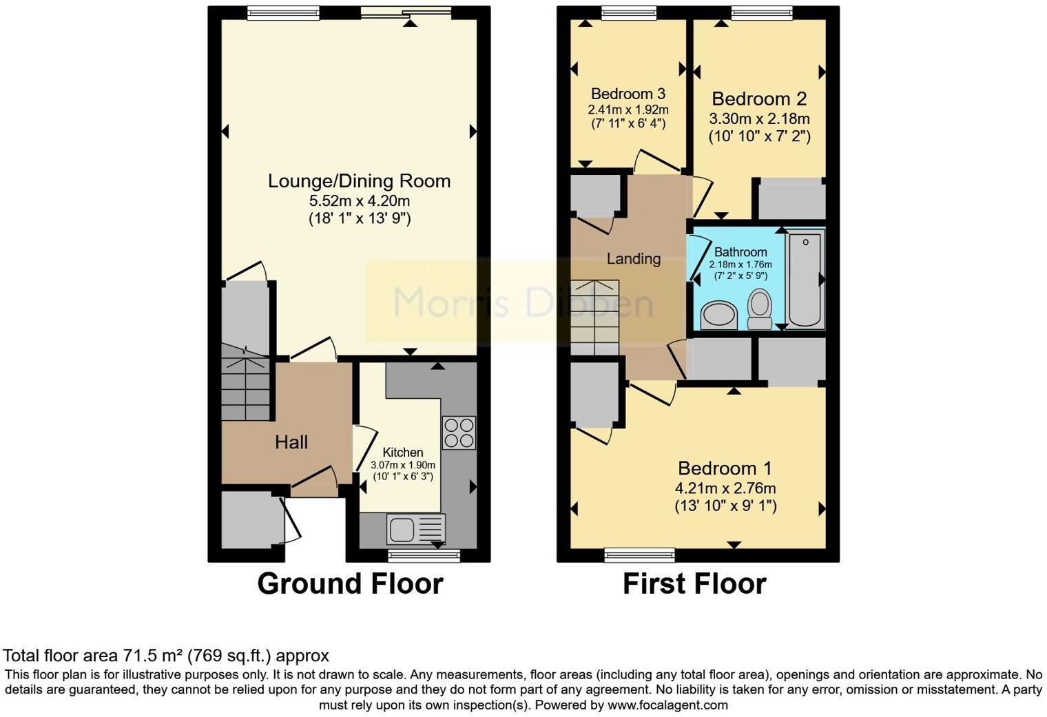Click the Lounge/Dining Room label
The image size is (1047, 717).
coord(359,181)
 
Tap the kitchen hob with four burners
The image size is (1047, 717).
coord(459,433)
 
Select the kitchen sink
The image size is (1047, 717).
coord(401,530)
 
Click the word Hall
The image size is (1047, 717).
coord(291,442)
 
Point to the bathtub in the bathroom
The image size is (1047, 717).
coord(805,279)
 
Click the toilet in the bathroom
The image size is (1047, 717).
coord(760,309)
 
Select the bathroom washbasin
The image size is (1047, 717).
coord(718,316)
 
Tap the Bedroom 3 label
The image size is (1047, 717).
coord(628,94)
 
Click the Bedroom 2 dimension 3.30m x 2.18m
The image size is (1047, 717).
coord(759,118)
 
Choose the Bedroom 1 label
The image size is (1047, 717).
coord(725,468)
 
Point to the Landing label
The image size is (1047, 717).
coord(633,259)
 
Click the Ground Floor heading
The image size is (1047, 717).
coord(350,584)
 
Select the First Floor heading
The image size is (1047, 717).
coord(694,584)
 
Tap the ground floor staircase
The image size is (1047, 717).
coord(245,389)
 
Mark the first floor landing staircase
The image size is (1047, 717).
coord(594,317)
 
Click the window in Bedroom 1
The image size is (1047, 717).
coord(639,554)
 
